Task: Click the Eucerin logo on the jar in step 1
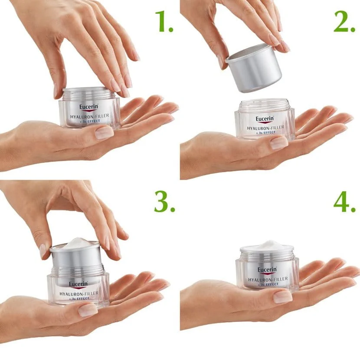89,107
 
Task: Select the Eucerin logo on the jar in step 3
78,284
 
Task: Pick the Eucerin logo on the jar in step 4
268,270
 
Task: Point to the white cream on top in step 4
267,245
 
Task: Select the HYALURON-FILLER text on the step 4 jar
267,279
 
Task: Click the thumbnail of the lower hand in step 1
104,132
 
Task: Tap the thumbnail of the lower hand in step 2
279,143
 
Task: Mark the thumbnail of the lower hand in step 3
88,309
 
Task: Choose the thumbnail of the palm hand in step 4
282,297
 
